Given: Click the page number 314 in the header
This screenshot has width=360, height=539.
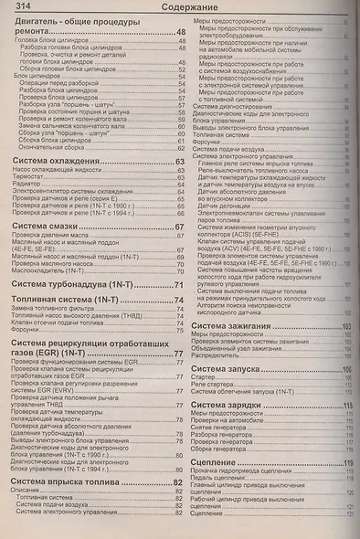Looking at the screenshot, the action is [x=24, y=8].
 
